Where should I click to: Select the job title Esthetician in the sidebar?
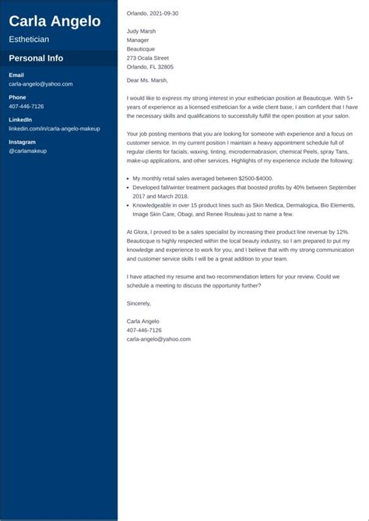click(x=29, y=39)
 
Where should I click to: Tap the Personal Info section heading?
click(x=36, y=58)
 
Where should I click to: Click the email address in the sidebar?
click(x=40, y=83)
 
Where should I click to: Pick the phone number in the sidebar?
click(x=26, y=106)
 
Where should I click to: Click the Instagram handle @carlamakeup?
click(x=28, y=151)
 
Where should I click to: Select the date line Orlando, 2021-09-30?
click(x=152, y=13)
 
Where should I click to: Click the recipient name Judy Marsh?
click(x=141, y=31)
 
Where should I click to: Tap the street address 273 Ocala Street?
click(x=147, y=58)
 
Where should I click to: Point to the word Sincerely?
click(x=139, y=303)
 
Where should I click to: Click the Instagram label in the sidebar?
click(x=22, y=142)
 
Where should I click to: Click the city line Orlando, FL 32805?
click(x=149, y=68)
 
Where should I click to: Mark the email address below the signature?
click(x=158, y=339)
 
